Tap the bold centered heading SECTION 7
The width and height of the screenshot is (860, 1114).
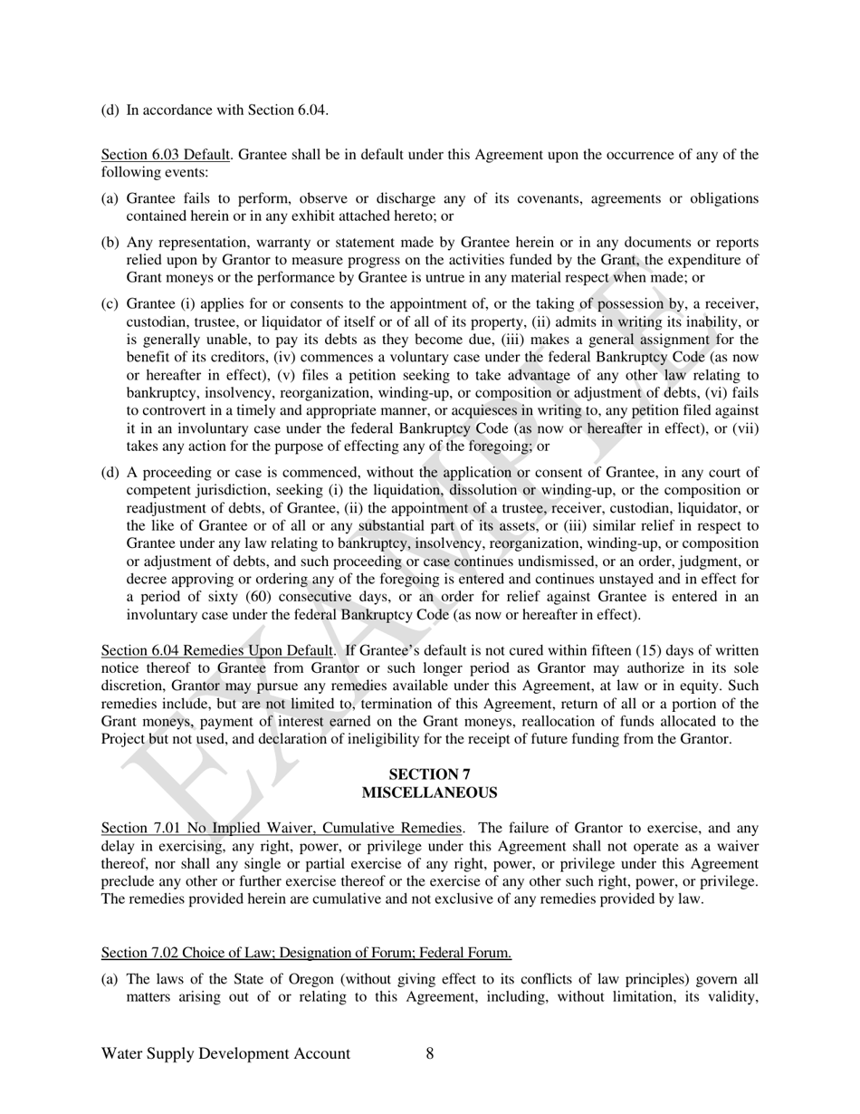coord(429,774)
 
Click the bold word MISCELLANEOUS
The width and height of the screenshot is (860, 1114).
coord(429,792)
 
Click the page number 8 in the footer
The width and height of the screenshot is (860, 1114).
coord(429,1053)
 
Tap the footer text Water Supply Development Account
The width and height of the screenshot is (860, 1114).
coord(225,1053)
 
